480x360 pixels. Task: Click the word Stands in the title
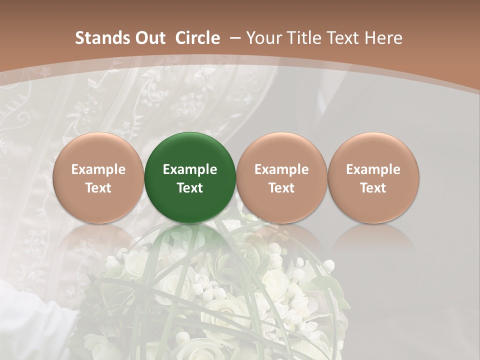coord(102,38)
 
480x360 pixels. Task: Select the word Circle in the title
coord(197,38)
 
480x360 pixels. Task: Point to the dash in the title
coord(235,38)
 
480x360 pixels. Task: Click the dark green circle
coord(190,177)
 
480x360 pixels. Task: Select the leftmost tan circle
coord(98,177)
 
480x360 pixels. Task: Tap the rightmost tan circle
coord(373,177)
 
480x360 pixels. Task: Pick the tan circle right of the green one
coord(281,177)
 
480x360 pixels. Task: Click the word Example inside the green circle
coord(190,169)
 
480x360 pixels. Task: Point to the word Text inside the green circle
coord(190,188)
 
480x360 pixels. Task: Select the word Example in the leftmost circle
coord(98,169)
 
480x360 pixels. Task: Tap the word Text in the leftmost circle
coord(98,188)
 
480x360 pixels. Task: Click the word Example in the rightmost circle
coord(373,169)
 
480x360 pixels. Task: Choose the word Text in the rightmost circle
coord(373,188)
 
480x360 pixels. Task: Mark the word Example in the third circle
coord(281,169)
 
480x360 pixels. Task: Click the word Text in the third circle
coord(281,188)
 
